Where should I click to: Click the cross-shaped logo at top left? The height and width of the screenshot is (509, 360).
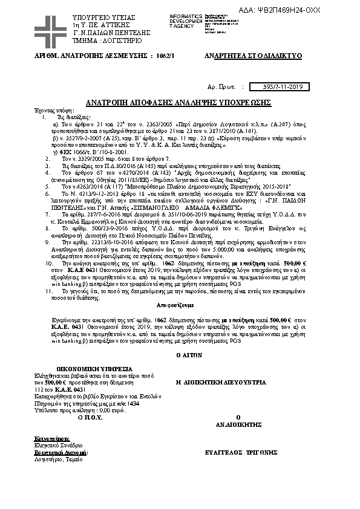click(50, 29)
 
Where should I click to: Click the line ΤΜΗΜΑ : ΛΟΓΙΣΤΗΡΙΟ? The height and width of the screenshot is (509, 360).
click(106, 41)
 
